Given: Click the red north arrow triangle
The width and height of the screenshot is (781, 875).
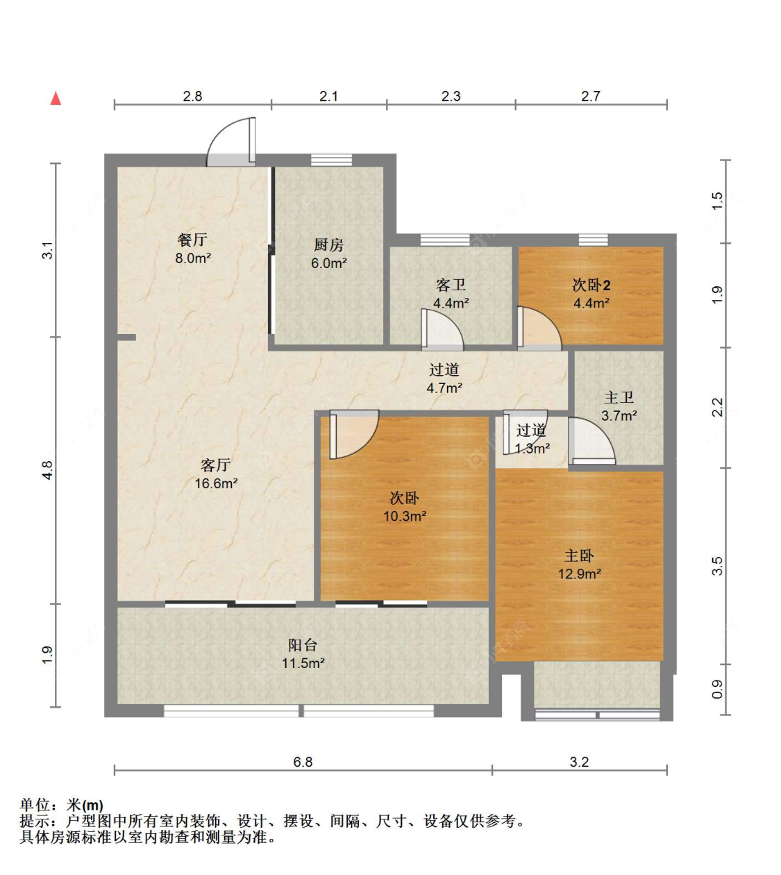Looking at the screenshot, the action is click(x=56, y=98).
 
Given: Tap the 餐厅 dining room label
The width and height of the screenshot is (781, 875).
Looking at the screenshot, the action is click(x=192, y=240).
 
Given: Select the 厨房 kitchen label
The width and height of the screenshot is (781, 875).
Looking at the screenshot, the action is click(x=328, y=245).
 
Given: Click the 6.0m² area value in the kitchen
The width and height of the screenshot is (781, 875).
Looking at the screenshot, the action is click(x=329, y=262).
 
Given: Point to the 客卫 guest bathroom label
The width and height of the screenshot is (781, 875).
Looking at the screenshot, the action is click(x=451, y=285).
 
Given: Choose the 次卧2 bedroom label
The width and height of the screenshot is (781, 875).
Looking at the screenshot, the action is click(x=591, y=285).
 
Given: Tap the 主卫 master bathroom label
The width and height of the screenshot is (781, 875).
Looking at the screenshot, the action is click(x=619, y=397).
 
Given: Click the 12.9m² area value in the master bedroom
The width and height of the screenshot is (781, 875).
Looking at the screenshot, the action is click(x=580, y=574).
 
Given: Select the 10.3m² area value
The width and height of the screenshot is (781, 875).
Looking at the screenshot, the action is click(x=405, y=516).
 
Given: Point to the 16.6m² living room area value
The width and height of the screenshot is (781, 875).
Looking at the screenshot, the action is click(x=216, y=483).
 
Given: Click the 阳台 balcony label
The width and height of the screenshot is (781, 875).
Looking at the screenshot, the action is click(x=303, y=645).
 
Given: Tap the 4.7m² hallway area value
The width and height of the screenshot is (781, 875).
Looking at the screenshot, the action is click(x=444, y=387).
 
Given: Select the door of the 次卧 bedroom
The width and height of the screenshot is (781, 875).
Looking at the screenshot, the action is click(x=354, y=434).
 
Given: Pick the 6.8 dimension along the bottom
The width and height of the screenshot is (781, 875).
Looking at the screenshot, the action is click(x=303, y=762).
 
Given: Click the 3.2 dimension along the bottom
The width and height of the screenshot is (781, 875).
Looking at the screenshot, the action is click(x=579, y=762).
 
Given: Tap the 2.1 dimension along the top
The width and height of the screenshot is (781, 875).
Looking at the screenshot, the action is click(x=328, y=96).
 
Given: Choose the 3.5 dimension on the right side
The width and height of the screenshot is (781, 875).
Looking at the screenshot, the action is click(x=717, y=566).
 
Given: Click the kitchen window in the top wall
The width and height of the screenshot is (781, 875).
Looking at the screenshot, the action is click(x=332, y=160).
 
